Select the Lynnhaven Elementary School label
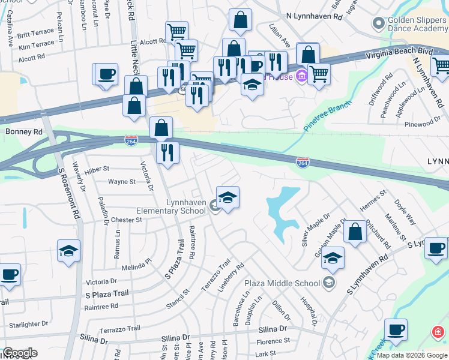coord(171,207)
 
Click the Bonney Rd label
coord(24,131)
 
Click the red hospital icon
coord(438,332)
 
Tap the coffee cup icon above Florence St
coord(396,329)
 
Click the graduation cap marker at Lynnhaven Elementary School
coord(228,198)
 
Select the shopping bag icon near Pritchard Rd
coord(355,233)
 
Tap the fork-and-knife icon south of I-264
coord(167,152)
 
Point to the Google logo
coord(20,353)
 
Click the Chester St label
coord(125,220)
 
